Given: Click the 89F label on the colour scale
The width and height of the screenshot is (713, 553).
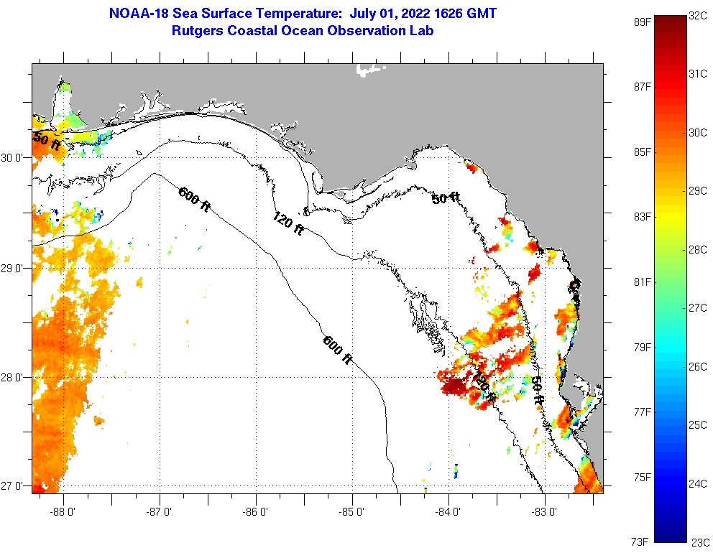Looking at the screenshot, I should tap(642, 22).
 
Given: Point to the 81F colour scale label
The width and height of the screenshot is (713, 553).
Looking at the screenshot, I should tap(642, 282).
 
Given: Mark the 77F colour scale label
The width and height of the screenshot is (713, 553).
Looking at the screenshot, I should tap(642, 412).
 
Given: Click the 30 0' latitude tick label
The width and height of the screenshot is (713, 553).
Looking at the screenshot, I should tap(14, 158).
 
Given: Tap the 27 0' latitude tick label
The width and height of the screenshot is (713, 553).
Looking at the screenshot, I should tap(14, 486).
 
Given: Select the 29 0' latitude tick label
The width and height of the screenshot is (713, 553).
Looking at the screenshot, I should tap(14, 269).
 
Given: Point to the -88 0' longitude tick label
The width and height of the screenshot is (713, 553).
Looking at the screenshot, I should tap(63, 512).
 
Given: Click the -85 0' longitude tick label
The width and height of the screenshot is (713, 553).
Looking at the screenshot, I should tap(352, 512).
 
